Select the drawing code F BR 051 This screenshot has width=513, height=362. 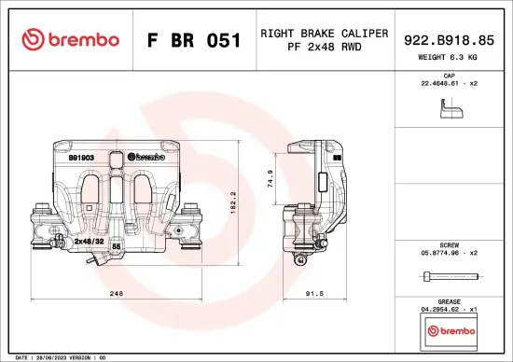[195, 40]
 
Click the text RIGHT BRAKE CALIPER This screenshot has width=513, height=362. [324, 33]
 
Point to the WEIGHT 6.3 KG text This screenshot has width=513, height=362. [449, 58]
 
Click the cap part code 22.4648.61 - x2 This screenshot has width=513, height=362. [449, 84]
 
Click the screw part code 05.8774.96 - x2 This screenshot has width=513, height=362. [449, 251]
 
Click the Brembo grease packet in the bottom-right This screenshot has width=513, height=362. [449, 330]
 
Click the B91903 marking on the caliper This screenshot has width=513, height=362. [81, 159]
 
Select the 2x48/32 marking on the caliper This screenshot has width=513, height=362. [88, 240]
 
